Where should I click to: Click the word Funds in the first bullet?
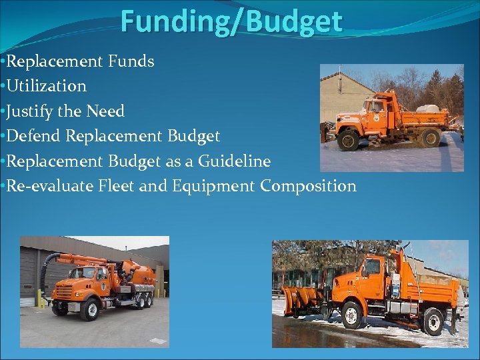tap(131, 61)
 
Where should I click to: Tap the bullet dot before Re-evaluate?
tap(3, 186)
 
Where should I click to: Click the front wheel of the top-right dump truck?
tap(348, 141)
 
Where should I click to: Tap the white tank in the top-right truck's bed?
tap(427, 107)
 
